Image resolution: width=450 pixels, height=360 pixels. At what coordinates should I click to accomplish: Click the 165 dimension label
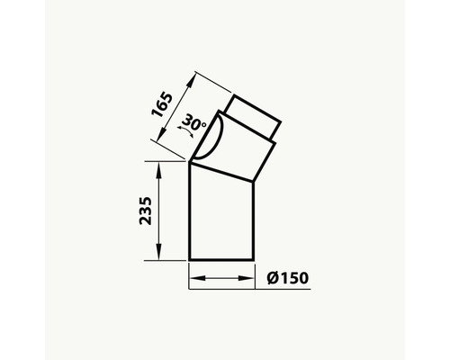162,104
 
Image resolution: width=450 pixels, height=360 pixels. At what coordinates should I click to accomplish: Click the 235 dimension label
146,211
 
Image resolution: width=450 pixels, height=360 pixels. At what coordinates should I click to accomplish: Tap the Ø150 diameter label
288,278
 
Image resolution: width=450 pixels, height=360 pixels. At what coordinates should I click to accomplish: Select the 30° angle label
193,122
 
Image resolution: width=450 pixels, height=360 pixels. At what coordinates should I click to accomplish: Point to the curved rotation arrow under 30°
186,132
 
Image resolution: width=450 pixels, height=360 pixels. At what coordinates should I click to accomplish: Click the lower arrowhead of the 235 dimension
158,251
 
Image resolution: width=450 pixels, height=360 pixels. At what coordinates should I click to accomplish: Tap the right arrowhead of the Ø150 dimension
246,278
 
